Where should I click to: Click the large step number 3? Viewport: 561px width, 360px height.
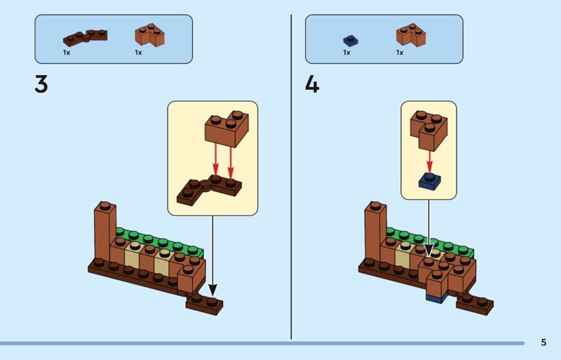(41, 84)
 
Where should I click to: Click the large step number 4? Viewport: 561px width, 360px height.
(312, 85)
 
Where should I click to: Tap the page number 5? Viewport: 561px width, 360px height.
(543, 342)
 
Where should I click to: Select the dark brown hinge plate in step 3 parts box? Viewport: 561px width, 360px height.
(85, 38)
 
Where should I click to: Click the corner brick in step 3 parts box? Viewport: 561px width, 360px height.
(149, 35)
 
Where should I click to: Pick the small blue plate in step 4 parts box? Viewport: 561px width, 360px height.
(350, 41)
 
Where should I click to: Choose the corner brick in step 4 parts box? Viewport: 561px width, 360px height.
(411, 35)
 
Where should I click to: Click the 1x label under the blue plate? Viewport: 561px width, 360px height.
(346, 53)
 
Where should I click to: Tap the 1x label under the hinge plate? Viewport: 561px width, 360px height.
(67, 53)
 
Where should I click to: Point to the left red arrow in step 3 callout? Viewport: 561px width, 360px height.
(215, 159)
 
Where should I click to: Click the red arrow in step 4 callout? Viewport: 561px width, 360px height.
(429, 161)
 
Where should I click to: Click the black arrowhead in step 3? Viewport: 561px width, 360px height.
(212, 290)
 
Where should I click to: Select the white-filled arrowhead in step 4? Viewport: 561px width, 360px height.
(428, 251)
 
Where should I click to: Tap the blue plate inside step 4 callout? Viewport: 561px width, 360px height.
(430, 181)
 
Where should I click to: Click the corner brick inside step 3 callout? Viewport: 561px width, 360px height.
(227, 129)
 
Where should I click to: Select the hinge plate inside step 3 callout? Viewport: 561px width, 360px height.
(209, 190)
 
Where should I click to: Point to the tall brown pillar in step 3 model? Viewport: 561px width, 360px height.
(104, 232)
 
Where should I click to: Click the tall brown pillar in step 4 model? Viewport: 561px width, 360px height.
(375, 232)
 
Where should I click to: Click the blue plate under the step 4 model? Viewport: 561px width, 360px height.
(436, 298)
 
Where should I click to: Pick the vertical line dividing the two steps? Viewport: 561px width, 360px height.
(291, 177)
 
